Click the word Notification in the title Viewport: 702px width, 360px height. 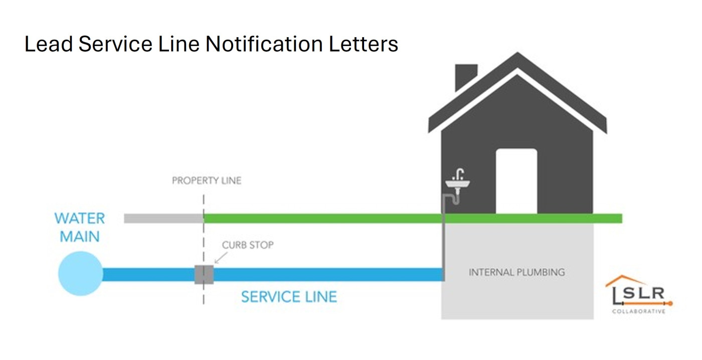[264, 44]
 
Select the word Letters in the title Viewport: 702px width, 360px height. [364, 44]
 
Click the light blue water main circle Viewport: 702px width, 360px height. [80, 274]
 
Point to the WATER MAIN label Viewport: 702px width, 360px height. [80, 227]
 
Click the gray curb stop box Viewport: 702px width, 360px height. [204, 274]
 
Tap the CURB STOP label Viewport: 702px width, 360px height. [248, 245]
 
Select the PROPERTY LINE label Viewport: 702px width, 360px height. [207, 181]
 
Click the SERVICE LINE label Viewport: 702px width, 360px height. [289, 297]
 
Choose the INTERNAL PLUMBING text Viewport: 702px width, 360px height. [516, 272]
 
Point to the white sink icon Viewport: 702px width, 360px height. [457, 185]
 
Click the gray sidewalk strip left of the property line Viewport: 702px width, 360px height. [163, 218]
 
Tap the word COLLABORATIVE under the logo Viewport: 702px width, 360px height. [638, 311]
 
